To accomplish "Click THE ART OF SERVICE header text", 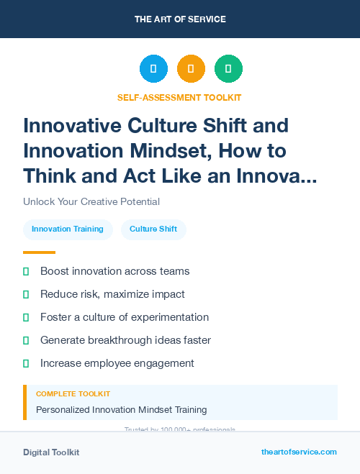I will pyautogui.click(x=180, y=19).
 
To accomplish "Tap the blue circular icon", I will pyautogui.click(x=153, y=69).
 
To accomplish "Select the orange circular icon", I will pyautogui.click(x=191, y=69).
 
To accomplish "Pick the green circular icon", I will pyautogui.click(x=228, y=69).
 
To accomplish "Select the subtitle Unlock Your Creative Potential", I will pyautogui.click(x=91, y=201).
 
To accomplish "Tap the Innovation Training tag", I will pyautogui.click(x=68, y=229).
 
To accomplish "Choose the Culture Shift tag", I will pyautogui.click(x=153, y=229).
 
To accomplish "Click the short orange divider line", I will pyautogui.click(x=39, y=252).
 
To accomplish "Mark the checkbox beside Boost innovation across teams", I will pyautogui.click(x=27, y=271).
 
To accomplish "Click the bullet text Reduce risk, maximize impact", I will pyautogui.click(x=112, y=294).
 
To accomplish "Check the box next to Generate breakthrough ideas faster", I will pyautogui.click(x=27, y=340).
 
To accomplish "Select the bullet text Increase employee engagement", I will pyautogui.click(x=117, y=363).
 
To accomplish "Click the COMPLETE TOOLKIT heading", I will pyautogui.click(x=73, y=394).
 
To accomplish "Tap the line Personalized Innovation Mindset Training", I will pyautogui.click(x=122, y=410).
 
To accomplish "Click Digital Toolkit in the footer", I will pyautogui.click(x=51, y=452).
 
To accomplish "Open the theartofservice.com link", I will pyautogui.click(x=299, y=452).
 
